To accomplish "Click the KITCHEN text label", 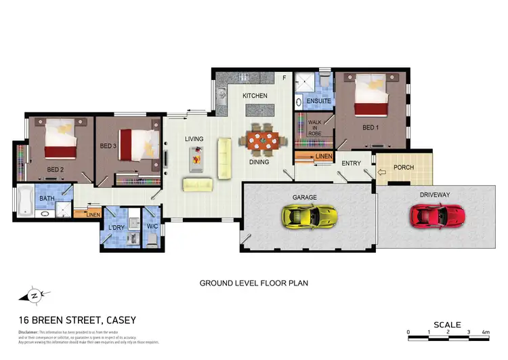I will [255, 96].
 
